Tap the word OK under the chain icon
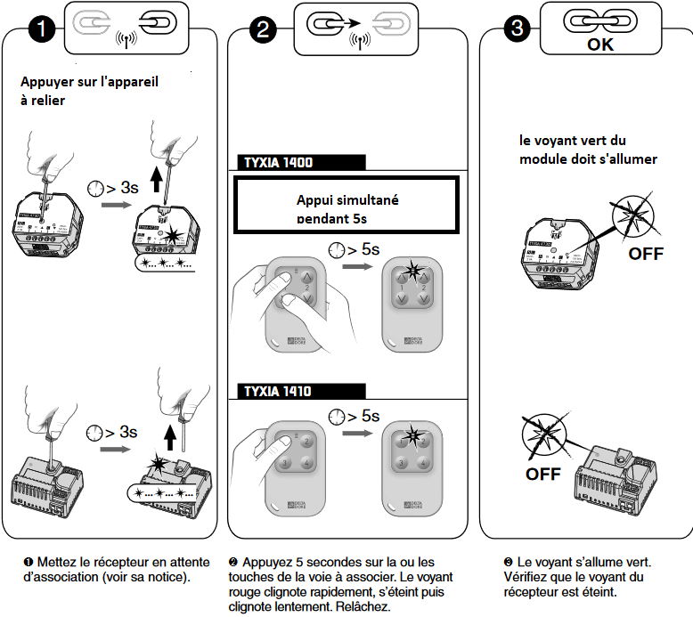click(x=599, y=44)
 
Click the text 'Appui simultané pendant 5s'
click(x=347, y=209)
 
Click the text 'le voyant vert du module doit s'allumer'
click(x=588, y=150)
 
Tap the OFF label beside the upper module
click(x=646, y=254)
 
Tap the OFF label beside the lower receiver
click(x=543, y=474)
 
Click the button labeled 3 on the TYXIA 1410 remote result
click(x=402, y=463)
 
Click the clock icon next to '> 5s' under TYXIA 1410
click(x=338, y=416)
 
